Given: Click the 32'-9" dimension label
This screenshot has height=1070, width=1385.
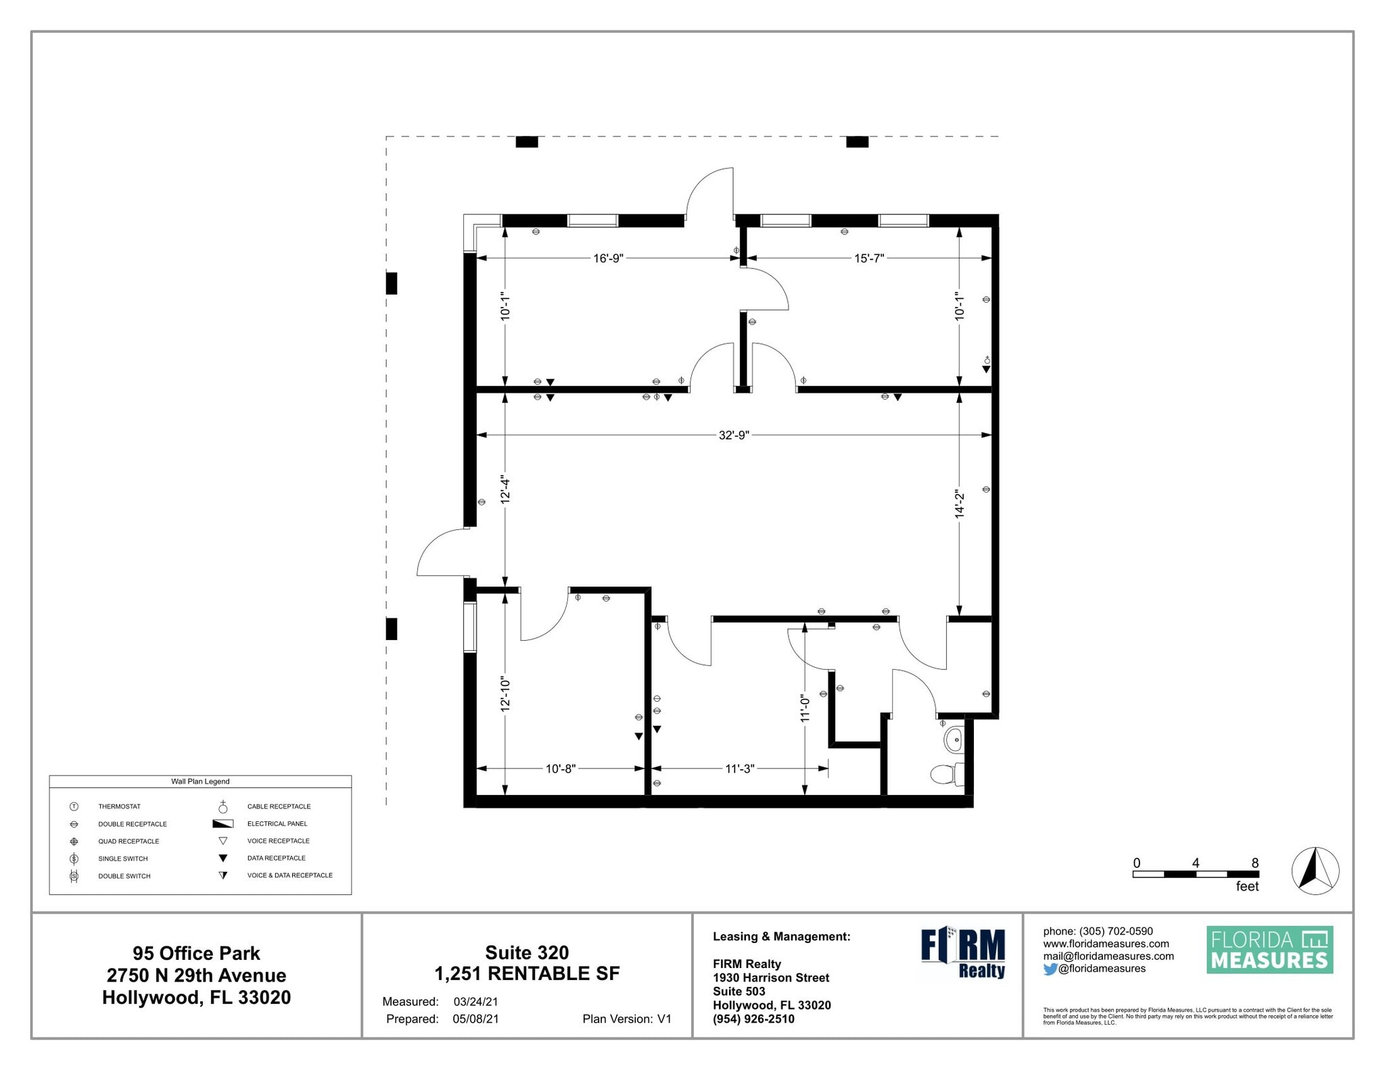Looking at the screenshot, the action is point(734,435).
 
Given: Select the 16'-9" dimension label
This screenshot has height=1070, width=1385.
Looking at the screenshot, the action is point(608,258).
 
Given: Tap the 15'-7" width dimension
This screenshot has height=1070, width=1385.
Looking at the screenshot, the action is point(869,258).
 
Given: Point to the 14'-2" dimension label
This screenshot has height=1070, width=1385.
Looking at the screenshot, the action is point(959,505).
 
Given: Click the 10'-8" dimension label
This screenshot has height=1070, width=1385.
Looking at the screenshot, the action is point(561,769).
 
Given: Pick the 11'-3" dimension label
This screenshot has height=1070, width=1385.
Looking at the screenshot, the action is point(740,769).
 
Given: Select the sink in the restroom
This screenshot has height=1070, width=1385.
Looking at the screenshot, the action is point(954,739).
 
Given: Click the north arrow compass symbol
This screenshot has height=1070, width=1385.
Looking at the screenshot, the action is point(1315,871).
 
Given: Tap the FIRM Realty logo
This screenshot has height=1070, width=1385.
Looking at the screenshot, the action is point(963,953).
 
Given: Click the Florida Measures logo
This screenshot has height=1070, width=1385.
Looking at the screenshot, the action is point(1270,950).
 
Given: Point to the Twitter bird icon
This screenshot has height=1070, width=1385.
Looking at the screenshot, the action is point(1050,969).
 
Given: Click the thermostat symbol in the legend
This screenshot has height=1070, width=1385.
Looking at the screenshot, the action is point(74,806).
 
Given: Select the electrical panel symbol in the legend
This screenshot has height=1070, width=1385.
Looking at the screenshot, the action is point(222,824).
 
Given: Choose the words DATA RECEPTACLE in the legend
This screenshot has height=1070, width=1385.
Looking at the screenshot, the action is point(277,858).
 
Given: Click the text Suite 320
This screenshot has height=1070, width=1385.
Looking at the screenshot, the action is point(527,952).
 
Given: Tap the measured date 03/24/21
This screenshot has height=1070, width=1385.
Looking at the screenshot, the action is point(475,1002).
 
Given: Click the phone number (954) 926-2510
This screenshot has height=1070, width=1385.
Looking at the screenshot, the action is point(753,1019).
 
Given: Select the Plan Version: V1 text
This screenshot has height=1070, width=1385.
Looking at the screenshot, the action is point(627,1019).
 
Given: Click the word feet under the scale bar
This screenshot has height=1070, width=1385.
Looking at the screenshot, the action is point(1247,886).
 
